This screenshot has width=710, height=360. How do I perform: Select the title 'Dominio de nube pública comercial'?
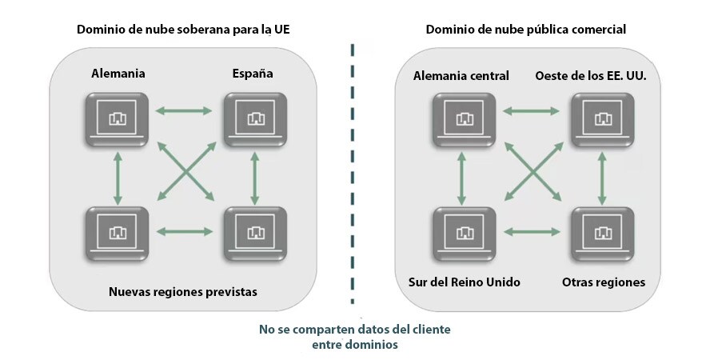point(525,30)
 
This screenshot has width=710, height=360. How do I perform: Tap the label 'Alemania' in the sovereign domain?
point(118,74)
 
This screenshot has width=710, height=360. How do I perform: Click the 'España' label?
point(253,74)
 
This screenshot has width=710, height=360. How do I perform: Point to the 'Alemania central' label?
point(461,76)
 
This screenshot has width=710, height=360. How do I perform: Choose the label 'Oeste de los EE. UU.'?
point(591,76)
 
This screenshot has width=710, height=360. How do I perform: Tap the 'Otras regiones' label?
point(604,282)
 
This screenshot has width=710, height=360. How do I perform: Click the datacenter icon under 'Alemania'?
point(118,118)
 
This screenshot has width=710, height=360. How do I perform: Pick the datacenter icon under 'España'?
point(255,118)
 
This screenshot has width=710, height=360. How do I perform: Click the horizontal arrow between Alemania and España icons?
point(185,110)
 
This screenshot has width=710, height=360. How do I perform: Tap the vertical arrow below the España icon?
point(255,176)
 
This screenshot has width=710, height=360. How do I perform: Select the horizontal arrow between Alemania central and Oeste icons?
point(532,110)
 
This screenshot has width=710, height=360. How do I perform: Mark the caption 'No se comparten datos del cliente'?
point(355,330)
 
